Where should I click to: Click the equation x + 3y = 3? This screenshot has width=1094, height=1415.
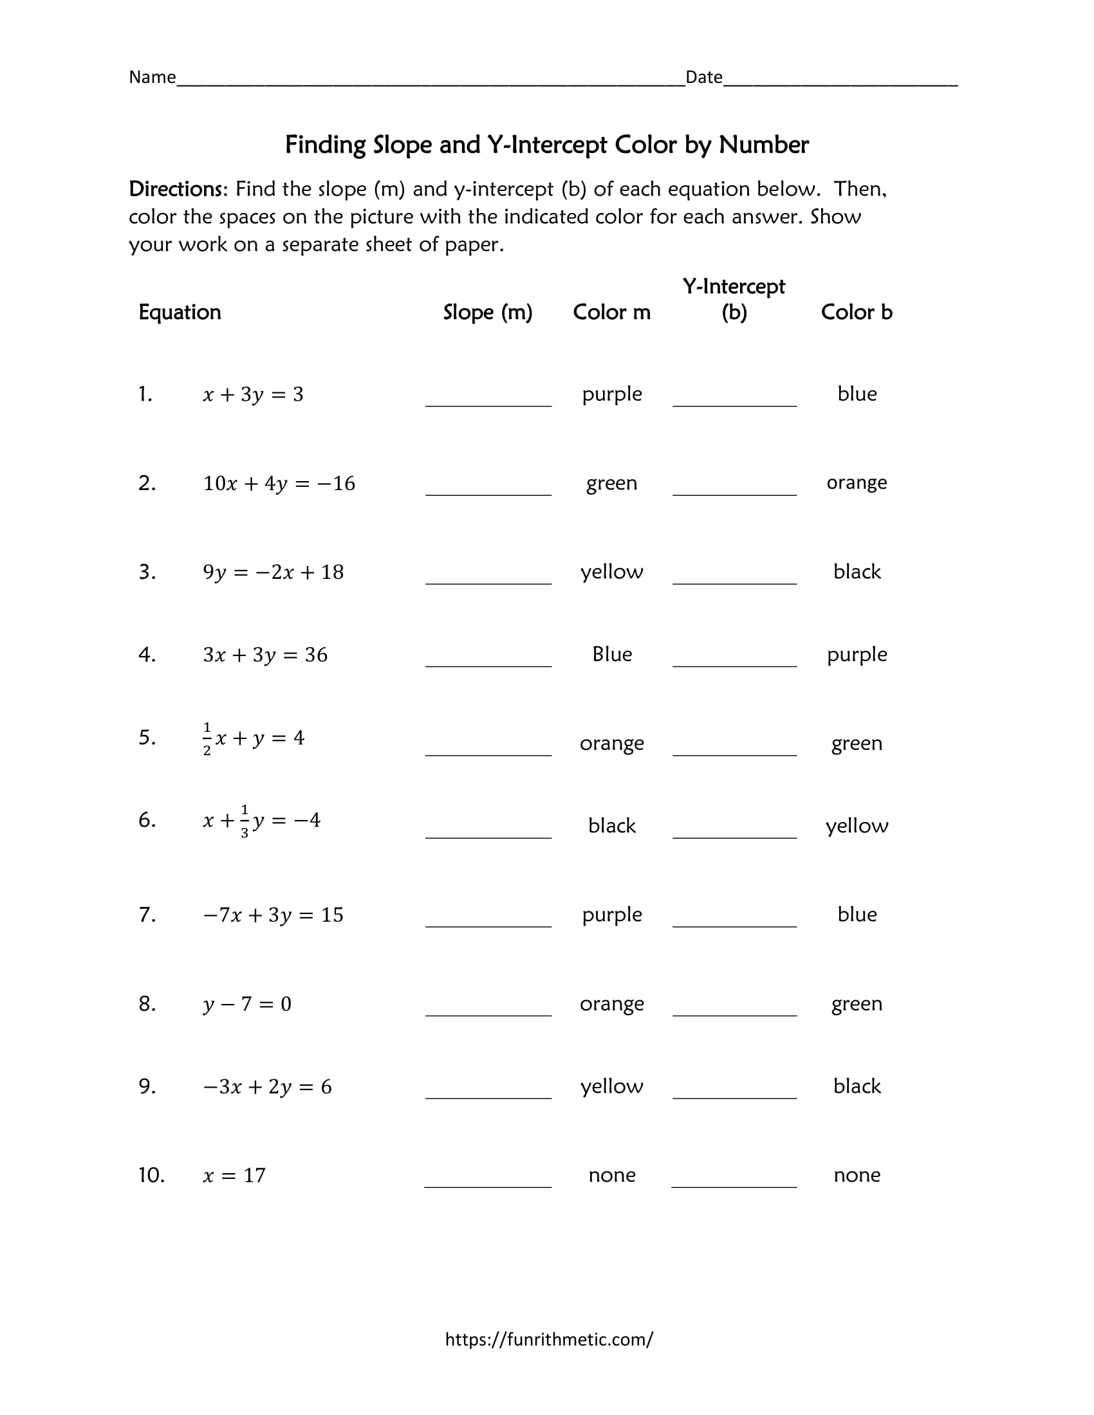pos(253,394)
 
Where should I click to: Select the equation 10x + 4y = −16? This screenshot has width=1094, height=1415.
pos(279,483)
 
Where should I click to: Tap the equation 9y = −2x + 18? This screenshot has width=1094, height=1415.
pos(273,572)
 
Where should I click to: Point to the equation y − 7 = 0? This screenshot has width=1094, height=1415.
pos(247,1004)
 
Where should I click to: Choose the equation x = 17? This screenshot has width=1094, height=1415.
pos(234,1175)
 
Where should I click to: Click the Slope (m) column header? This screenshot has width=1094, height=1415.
pos(487,313)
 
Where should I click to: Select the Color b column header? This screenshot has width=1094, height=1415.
pos(856,313)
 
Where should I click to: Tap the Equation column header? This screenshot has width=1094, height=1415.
pos(180,313)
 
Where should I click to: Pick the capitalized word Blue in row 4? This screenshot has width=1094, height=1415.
pos(612,654)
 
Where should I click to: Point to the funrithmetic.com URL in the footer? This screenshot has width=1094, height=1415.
pos(549,1339)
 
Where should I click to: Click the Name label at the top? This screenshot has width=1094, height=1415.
pos(153,77)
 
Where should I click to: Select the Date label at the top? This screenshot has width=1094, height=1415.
pos(704,77)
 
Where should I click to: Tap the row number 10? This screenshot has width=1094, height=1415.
pos(151,1175)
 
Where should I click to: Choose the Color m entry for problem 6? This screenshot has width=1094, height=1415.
pos(612,826)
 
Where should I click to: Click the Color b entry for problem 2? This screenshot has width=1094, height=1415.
pos(856,482)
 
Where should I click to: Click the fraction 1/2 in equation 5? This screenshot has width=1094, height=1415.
pos(207,738)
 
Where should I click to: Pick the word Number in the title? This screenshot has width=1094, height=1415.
pos(763,145)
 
